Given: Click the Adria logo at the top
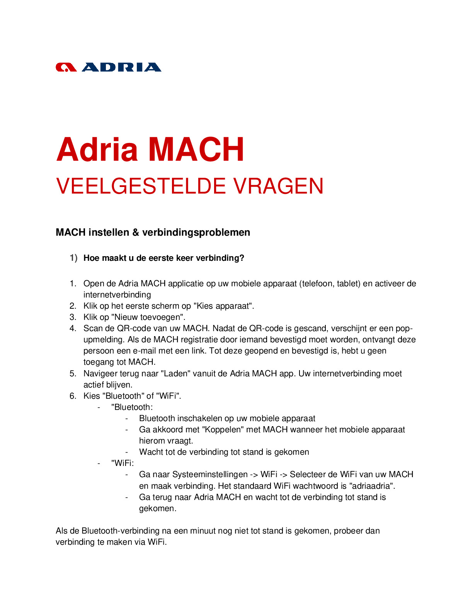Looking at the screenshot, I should click(108, 67).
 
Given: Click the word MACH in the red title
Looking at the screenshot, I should click(196, 150).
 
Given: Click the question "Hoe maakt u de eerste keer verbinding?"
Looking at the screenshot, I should click(164, 258).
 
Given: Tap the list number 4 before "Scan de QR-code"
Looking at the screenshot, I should click(73, 328).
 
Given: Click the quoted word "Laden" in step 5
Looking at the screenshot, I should click(176, 374).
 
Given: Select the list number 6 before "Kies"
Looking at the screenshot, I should click(73, 396).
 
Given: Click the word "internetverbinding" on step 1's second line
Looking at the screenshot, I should click(117, 295).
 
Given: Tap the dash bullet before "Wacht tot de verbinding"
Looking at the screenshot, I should click(126, 452).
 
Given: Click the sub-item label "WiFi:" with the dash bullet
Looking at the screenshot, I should click(123, 463).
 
